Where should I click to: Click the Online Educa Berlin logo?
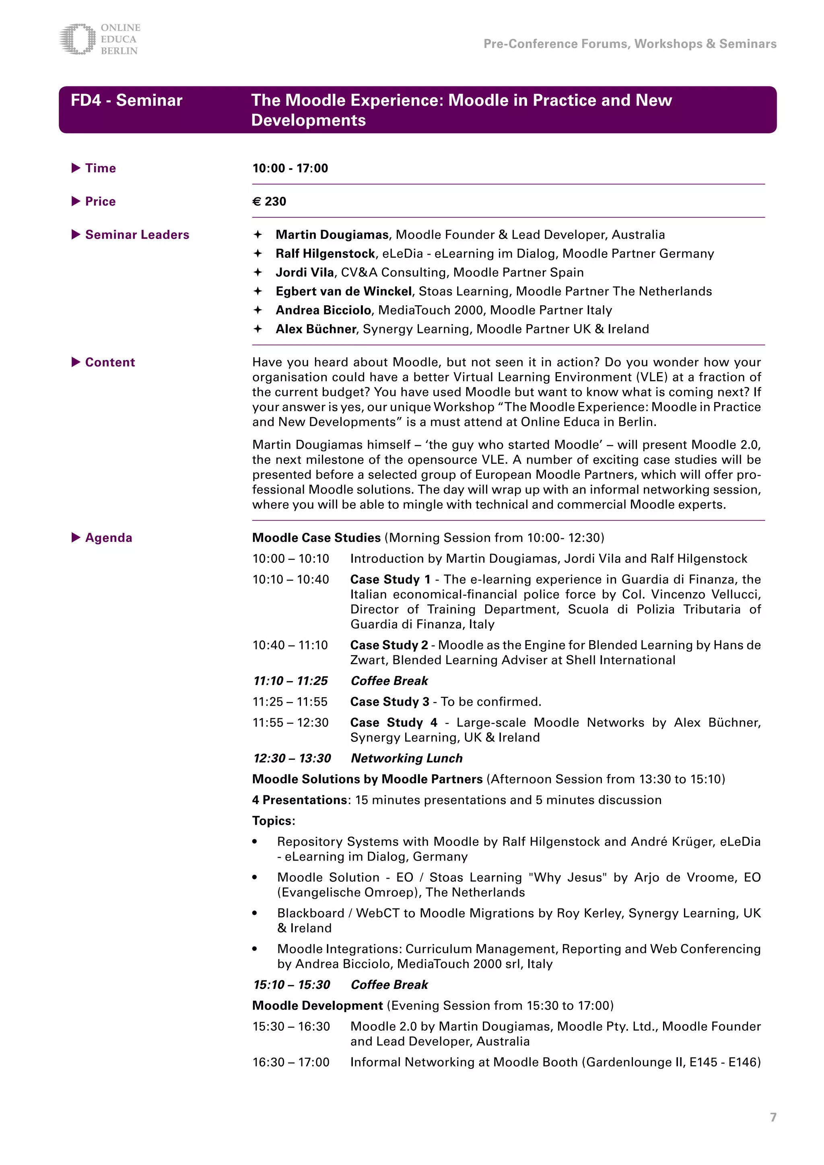point(99,39)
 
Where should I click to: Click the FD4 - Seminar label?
point(126,101)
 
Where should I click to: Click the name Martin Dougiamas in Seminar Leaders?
point(332,235)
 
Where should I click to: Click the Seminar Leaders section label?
point(137,235)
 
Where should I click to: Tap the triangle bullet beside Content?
point(76,362)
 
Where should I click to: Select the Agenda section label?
point(109,537)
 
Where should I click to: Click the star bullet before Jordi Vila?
point(258,272)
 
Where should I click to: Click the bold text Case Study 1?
point(390,579)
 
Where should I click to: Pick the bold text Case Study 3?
point(390,701)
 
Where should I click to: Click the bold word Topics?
point(274,821)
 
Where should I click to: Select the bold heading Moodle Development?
point(317,1005)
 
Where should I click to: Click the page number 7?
point(773,1117)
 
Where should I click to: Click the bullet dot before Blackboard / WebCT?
point(255,913)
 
